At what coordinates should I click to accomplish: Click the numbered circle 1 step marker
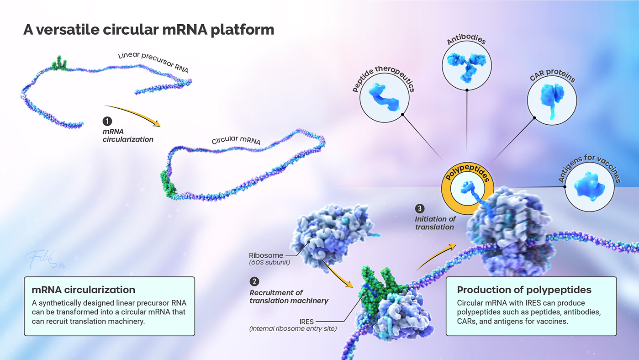coord(107,121)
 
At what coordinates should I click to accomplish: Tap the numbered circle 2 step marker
coord(254,281)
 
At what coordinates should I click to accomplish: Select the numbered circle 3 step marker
coord(419,208)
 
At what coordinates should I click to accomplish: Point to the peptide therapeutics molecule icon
coord(384,97)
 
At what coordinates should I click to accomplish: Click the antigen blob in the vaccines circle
coord(589,186)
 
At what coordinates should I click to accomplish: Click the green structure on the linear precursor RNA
coord(59,64)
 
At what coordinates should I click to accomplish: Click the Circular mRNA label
coord(236,140)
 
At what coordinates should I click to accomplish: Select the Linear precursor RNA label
coord(153,61)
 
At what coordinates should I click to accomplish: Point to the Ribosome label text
coord(266,255)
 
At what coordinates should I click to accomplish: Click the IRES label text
coord(306,322)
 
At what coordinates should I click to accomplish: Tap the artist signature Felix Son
coord(46,259)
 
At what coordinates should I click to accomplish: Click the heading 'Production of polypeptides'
coord(524,290)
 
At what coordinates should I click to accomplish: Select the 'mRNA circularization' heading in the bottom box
coord(83,290)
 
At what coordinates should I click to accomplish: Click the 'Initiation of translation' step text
coord(435,223)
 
